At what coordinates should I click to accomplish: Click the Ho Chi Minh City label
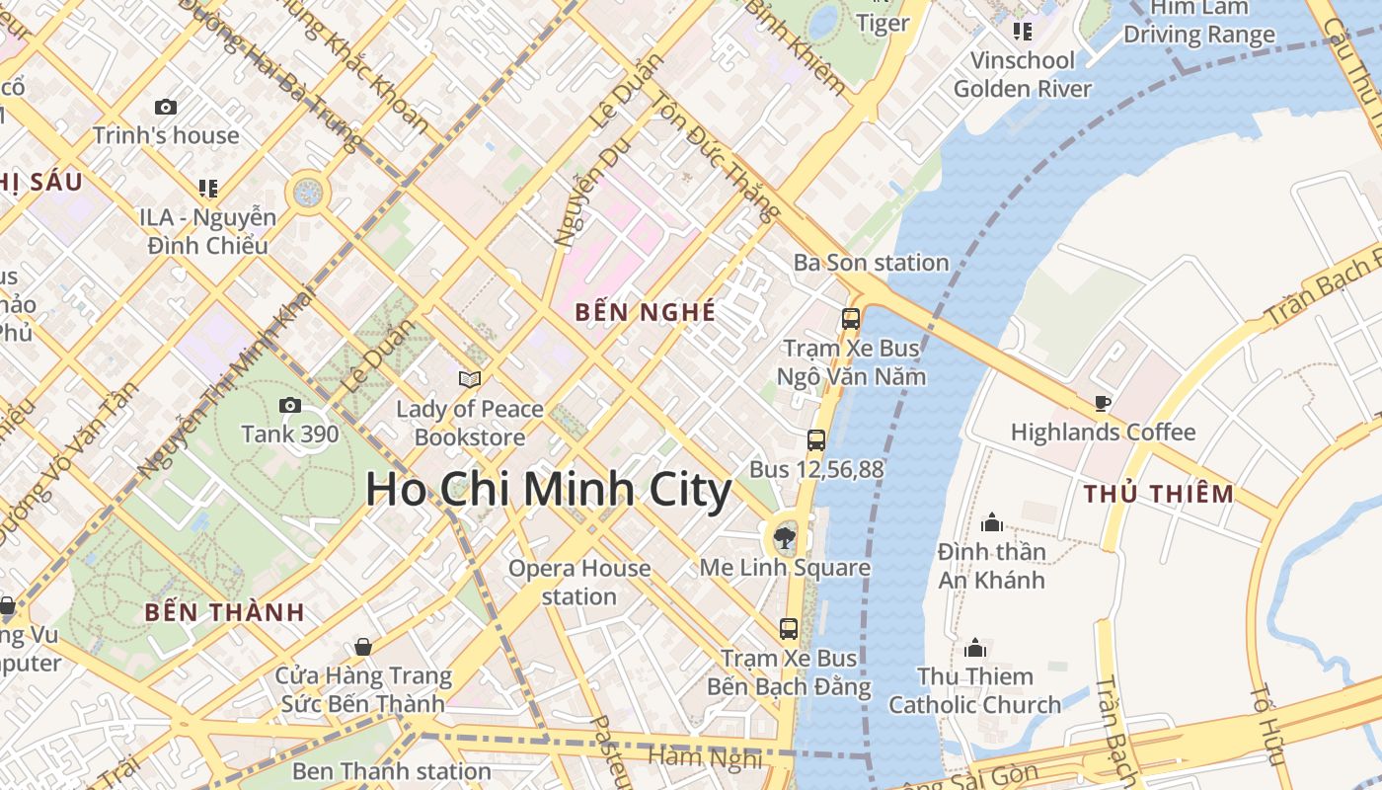pos(549,490)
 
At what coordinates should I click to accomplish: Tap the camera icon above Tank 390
pos(290,405)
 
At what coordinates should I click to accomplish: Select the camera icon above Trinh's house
pos(166,107)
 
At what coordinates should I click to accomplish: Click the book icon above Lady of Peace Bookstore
pos(470,379)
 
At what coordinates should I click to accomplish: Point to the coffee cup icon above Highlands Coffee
pos(1103,403)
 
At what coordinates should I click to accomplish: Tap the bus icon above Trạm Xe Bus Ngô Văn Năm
pos(850,319)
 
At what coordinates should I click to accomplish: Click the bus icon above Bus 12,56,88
pos(816,440)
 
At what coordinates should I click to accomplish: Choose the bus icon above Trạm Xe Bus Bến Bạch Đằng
pos(788,628)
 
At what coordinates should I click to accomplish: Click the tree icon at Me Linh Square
pos(785,538)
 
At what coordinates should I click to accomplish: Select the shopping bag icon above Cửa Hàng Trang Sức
pos(363,647)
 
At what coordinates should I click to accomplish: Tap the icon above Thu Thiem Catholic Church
pos(975,648)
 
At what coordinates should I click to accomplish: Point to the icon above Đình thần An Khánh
pos(991,522)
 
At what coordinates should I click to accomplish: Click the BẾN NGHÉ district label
pos(646,312)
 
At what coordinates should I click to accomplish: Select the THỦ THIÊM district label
pos(1159,494)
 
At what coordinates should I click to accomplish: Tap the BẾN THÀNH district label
pos(225,612)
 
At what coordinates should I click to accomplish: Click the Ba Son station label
pos(872,263)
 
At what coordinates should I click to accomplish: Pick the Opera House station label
pos(579,583)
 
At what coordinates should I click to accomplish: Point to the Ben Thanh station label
pos(392,770)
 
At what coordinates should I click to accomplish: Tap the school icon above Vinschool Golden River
pos(1022,32)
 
